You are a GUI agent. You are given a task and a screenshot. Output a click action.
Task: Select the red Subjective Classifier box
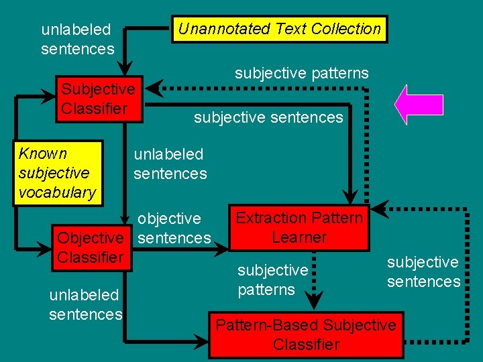pos(99,99)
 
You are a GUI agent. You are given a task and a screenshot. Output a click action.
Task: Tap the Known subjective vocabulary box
pos(58,173)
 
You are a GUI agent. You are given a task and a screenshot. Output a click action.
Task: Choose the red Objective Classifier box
pos(91,247)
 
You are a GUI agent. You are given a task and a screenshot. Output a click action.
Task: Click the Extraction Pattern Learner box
pos(299,228)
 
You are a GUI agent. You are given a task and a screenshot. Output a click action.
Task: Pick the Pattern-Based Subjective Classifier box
pos(306,335)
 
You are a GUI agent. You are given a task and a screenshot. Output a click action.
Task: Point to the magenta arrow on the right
pos(419,105)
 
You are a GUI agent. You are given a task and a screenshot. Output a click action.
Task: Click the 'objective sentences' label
pos(174,228)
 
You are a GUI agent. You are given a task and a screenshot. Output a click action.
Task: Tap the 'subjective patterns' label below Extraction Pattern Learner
pos(272,280)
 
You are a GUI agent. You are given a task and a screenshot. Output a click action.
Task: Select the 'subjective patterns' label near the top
pos(301,73)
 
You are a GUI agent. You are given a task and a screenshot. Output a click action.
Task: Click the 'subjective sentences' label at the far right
pos(423,271)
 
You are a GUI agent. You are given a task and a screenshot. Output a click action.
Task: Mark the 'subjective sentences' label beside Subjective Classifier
pos(268,118)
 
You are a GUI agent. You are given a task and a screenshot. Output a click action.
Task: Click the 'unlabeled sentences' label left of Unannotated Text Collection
pos(77,39)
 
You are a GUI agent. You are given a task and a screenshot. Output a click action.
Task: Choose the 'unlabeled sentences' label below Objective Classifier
pos(85,304)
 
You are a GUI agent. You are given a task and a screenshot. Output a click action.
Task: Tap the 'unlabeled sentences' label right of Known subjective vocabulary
pos(170,164)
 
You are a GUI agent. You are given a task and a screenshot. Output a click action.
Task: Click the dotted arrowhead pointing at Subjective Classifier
pos(154,88)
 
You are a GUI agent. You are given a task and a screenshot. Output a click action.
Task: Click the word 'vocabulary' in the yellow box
pos(58,192)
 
